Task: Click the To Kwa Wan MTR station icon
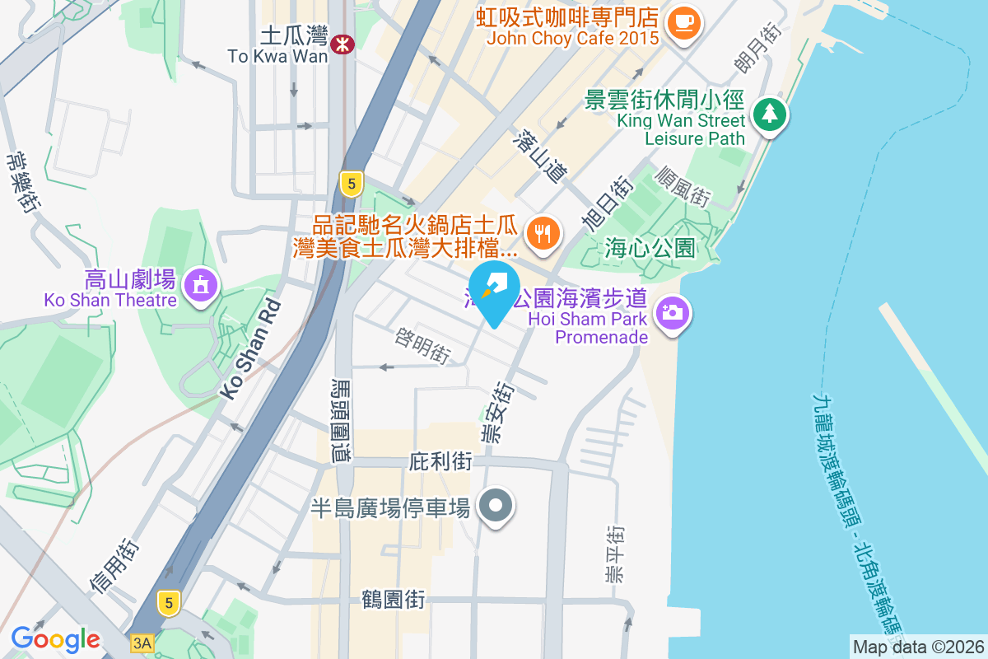[342, 44]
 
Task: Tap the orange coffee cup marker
[683, 21]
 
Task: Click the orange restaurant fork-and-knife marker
[542, 233]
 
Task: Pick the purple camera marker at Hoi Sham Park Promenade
[673, 314]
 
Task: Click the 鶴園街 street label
[394, 599]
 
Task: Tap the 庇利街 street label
[440, 461]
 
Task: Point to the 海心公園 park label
[650, 247]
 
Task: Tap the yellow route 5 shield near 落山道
[352, 184]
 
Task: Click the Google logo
[55, 638]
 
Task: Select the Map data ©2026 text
[918, 647]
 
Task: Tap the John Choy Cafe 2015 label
[572, 38]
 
